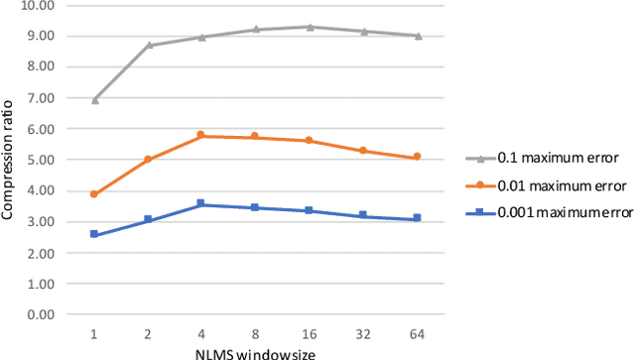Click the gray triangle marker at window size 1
click(x=94, y=100)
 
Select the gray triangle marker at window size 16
click(x=310, y=27)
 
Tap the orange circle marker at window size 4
click(x=201, y=135)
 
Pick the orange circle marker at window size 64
click(x=418, y=157)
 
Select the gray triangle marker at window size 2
click(x=148, y=45)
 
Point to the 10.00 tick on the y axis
click(x=39, y=5)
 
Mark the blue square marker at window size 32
click(x=363, y=215)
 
